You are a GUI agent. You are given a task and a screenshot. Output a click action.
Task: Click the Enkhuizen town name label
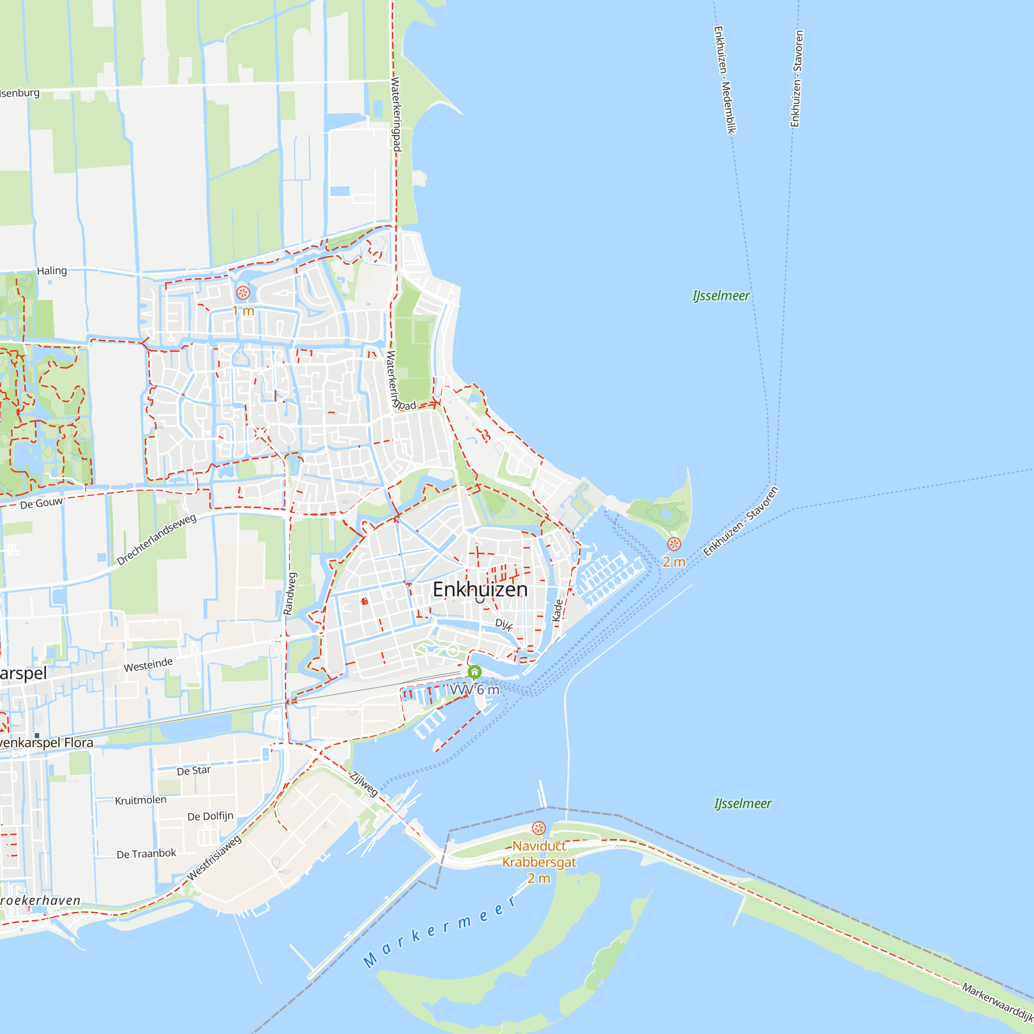pyautogui.click(x=480, y=589)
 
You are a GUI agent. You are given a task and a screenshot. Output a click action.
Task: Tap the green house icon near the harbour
pyautogui.click(x=474, y=672)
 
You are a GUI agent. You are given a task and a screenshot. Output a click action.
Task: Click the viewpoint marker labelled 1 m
pyautogui.click(x=243, y=293)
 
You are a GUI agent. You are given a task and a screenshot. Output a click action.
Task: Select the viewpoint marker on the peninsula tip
pyautogui.click(x=674, y=544)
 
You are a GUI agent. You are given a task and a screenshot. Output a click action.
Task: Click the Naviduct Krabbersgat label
pyautogui.click(x=538, y=854)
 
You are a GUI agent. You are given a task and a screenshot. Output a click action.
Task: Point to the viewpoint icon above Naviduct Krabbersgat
pyautogui.click(x=539, y=828)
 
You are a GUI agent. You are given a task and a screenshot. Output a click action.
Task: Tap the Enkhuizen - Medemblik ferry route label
pyautogui.click(x=725, y=80)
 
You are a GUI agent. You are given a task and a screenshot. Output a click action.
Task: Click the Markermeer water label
pyautogui.click(x=439, y=932)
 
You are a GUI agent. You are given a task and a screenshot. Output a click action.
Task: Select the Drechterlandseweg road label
pyautogui.click(x=156, y=539)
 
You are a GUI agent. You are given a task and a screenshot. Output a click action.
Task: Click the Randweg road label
pyautogui.click(x=290, y=593)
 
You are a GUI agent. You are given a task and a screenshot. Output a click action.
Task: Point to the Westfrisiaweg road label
pyautogui.click(x=214, y=858)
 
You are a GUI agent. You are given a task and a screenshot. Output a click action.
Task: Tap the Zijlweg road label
pyautogui.click(x=364, y=784)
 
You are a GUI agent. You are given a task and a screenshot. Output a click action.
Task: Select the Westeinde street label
pyautogui.click(x=148, y=665)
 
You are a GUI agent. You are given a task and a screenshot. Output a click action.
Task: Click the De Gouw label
pyautogui.click(x=41, y=504)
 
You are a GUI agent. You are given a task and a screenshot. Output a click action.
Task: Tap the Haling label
pyautogui.click(x=52, y=271)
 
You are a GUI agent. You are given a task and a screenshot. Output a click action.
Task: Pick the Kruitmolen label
pyautogui.click(x=141, y=800)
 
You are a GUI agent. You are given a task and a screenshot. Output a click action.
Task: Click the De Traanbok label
pyautogui.click(x=146, y=853)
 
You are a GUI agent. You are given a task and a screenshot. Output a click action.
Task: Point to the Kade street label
pyautogui.click(x=558, y=610)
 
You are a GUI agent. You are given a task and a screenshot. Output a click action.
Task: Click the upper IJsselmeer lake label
pyautogui.click(x=721, y=296)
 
